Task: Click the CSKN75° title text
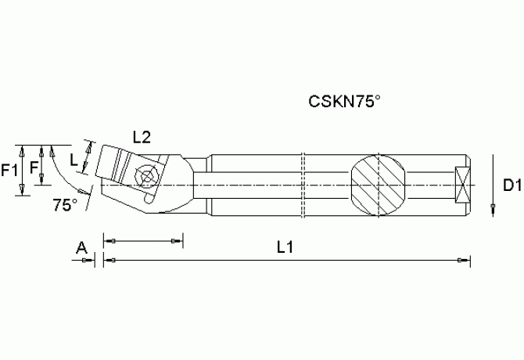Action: [343, 101]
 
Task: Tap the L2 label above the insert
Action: [142, 137]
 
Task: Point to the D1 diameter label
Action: [511, 185]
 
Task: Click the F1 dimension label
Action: [10, 169]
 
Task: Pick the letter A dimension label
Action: [81, 248]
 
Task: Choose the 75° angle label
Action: [65, 206]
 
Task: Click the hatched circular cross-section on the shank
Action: [379, 185]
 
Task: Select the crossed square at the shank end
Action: [462, 185]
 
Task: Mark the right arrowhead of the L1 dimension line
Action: [465, 260]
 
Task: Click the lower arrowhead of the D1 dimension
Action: [493, 208]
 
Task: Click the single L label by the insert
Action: [74, 160]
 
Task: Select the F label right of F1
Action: [32, 168]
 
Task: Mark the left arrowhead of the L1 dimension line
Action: [109, 260]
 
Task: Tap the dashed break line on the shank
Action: [302, 185]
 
